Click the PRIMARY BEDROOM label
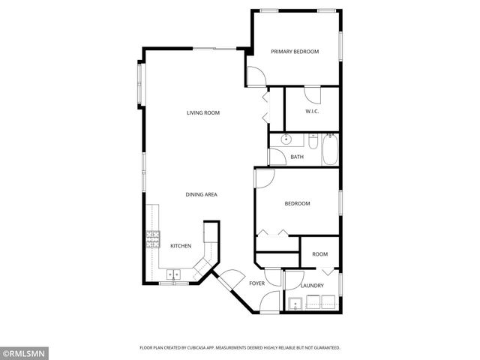295,52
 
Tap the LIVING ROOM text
203,112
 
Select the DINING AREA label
202,195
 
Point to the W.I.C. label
313,112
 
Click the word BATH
297,157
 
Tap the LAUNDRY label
311,286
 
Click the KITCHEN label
181,246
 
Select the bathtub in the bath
330,148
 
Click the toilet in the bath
313,140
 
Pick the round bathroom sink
286,139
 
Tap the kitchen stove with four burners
152,240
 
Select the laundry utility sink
295,304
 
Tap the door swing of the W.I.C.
312,94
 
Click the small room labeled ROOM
320,254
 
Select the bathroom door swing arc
277,156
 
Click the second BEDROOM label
297,203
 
